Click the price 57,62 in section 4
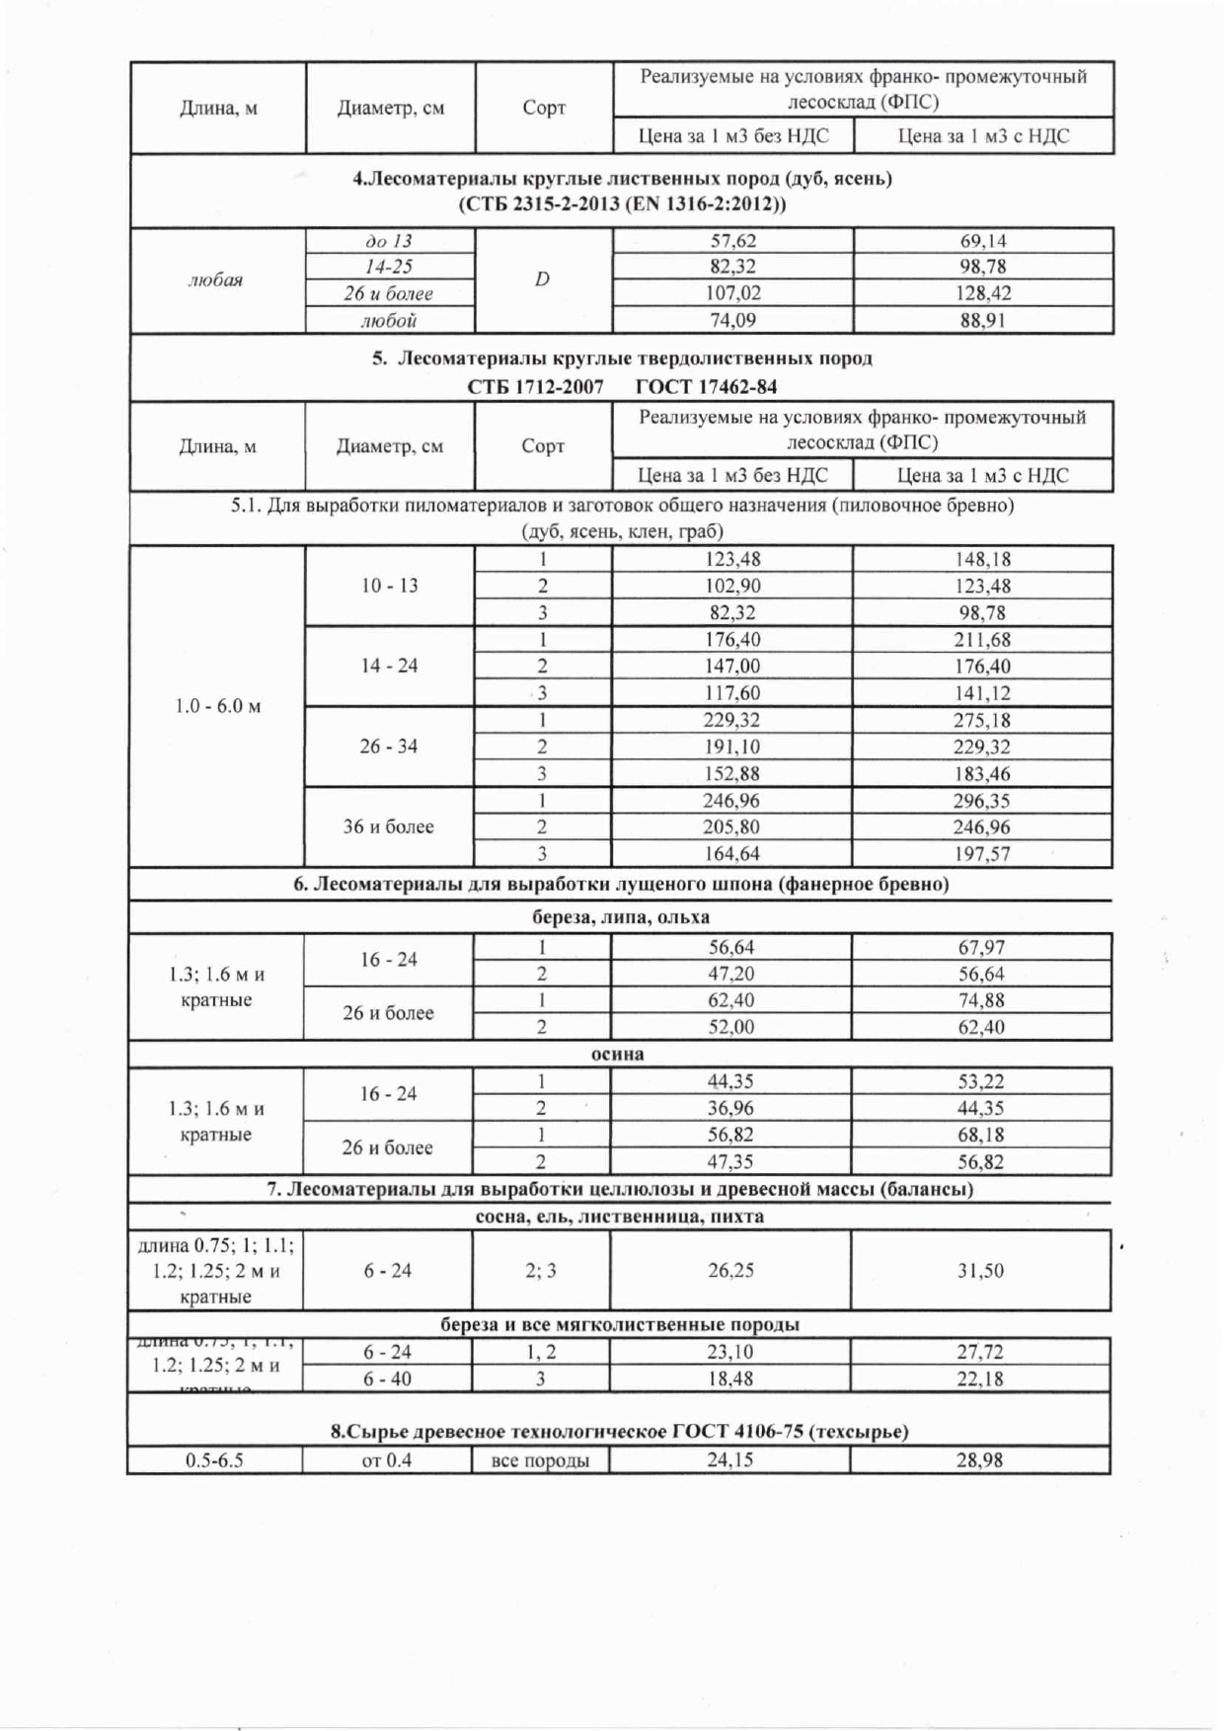tap(732, 241)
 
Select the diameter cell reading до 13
tap(389, 241)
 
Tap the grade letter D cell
tap(542, 279)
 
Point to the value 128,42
tap(983, 293)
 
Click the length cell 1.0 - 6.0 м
tap(217, 706)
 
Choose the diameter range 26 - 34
tap(388, 747)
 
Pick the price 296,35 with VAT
tap(982, 801)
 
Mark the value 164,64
tap(731, 854)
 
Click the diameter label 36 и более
tap(388, 826)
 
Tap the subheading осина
tap(618, 1054)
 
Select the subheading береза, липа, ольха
tap(621, 916)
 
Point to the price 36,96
tap(730, 1108)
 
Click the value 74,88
tap(981, 1000)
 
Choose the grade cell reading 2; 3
tap(541, 1271)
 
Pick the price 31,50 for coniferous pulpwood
tap(980, 1271)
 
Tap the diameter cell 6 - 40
tap(387, 1378)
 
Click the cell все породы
tap(540, 1460)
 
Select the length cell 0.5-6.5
tap(214, 1460)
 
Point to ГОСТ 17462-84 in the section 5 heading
tap(706, 386)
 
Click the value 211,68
tap(982, 640)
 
